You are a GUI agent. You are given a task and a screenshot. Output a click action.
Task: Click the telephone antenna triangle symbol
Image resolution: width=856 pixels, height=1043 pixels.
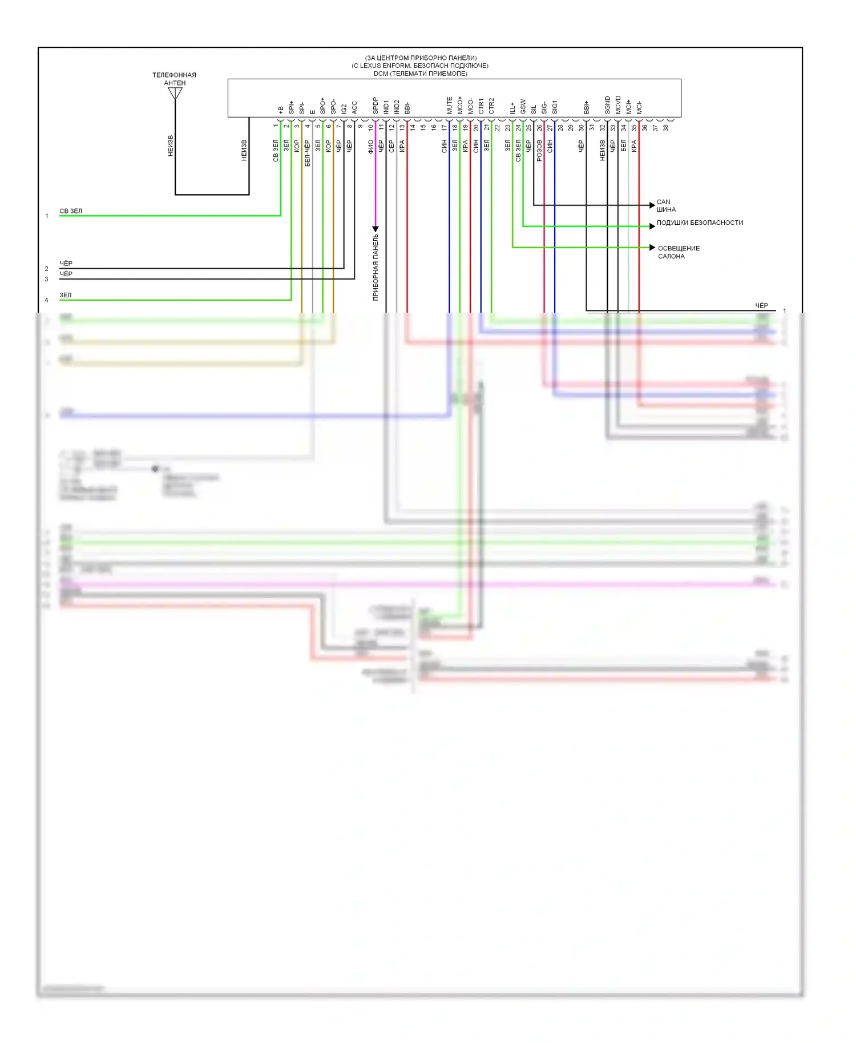(175, 93)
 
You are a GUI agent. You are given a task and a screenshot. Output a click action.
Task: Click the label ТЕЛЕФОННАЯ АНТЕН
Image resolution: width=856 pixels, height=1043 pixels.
(174, 79)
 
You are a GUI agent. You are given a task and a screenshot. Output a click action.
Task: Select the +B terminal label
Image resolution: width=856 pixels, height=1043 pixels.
(281, 110)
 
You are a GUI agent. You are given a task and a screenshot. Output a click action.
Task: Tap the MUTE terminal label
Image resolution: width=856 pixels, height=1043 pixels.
(450, 106)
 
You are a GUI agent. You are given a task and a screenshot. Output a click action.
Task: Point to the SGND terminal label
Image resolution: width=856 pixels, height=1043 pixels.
(608, 106)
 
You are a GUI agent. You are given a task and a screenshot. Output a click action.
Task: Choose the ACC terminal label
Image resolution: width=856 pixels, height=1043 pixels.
(354, 107)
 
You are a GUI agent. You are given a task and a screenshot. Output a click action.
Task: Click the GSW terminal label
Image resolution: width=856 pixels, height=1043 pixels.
(523, 107)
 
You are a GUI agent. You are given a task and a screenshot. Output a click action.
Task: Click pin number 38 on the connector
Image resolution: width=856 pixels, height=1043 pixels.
(665, 128)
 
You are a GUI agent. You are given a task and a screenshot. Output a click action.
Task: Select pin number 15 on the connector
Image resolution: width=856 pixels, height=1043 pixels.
(423, 128)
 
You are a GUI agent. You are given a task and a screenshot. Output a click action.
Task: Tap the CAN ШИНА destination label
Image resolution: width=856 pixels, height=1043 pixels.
(666, 205)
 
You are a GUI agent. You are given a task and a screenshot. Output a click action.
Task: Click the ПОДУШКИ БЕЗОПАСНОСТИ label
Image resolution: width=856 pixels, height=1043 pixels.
(700, 223)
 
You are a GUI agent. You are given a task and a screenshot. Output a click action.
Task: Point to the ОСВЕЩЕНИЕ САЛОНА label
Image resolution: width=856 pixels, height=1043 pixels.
(679, 252)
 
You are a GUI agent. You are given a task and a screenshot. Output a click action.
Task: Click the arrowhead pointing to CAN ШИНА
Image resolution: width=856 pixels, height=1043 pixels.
(652, 205)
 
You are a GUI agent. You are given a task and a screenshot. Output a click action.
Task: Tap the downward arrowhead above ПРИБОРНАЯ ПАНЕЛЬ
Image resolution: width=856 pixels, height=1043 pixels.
(375, 229)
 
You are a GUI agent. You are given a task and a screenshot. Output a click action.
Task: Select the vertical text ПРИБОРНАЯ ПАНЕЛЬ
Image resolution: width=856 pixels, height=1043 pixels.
(375, 267)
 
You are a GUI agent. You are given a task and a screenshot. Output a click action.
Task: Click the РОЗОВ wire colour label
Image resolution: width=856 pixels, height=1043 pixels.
(539, 151)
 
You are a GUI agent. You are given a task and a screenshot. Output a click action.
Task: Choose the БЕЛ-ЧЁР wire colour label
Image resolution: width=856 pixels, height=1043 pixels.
(307, 153)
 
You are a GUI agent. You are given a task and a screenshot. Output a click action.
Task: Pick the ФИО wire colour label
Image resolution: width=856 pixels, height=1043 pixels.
(371, 147)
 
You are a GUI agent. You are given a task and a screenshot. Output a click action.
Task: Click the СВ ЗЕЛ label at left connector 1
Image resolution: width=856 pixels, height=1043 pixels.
(71, 211)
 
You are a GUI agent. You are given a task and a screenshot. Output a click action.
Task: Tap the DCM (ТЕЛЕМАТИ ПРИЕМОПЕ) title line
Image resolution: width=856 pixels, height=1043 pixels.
(420, 74)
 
